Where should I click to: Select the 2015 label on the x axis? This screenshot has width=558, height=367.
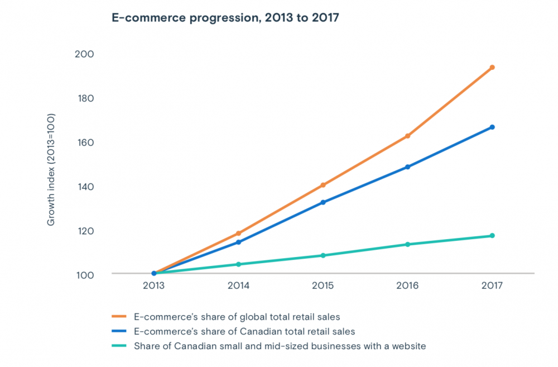point(323,285)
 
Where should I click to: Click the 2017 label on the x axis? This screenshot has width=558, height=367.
point(492,285)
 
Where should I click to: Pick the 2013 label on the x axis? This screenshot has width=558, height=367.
point(153,285)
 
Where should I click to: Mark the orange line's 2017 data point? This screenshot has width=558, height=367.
point(492,68)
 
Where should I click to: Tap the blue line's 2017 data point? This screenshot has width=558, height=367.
point(492,127)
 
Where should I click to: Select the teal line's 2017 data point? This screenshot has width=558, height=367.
point(492,236)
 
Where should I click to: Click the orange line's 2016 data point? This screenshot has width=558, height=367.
point(408,136)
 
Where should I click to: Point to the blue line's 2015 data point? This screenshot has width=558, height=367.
point(323,202)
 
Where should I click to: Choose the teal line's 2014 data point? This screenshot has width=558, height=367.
point(238,264)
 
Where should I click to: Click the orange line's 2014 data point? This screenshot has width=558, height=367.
point(238,233)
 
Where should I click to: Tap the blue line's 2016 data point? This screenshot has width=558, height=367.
point(408,167)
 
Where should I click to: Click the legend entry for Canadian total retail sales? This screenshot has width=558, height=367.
point(244,332)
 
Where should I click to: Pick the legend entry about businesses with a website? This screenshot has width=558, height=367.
point(280,346)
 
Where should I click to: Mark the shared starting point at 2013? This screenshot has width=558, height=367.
point(154,273)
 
